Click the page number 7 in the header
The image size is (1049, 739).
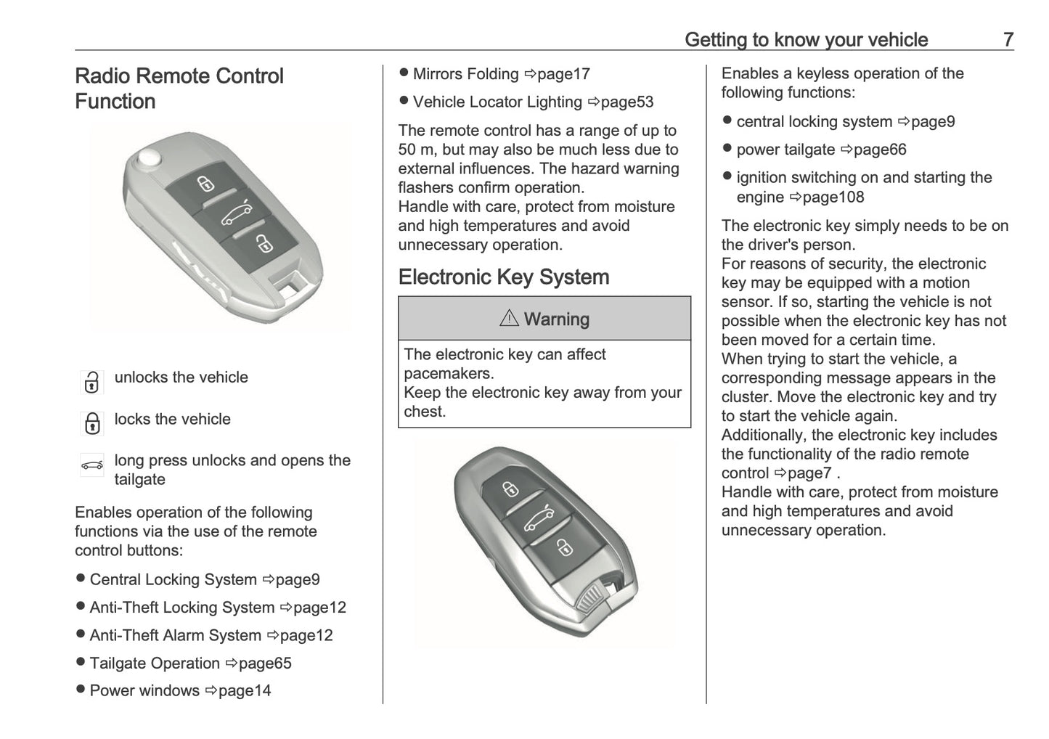[x=1008, y=39]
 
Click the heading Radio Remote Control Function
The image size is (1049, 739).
[x=179, y=88]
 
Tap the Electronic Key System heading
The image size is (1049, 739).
[x=503, y=277]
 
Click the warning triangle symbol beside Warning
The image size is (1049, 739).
[x=509, y=318]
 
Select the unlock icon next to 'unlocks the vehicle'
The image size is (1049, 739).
[x=91, y=382]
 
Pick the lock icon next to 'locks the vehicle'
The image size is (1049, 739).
[x=91, y=423]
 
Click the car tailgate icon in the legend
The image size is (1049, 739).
[x=91, y=465]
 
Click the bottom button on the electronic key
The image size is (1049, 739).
[x=564, y=546]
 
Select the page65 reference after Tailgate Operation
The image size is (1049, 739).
[x=264, y=663]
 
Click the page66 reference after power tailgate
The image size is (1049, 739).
[x=879, y=150]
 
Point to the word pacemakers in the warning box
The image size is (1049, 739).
[x=449, y=373]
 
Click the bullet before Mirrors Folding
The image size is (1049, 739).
[x=404, y=73]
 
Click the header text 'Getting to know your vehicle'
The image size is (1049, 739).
[x=806, y=39]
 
